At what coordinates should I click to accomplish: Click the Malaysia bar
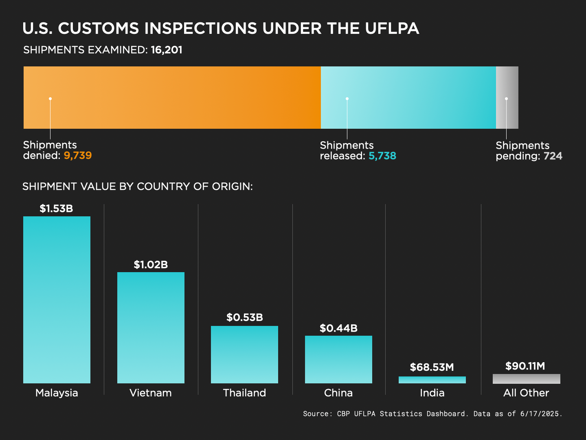point(57,299)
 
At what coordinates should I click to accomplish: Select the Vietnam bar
point(151,328)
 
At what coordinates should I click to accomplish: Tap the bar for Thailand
point(244,354)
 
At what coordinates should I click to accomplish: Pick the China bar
point(338,359)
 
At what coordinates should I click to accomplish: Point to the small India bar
point(432,380)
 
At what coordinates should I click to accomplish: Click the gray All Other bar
point(526,379)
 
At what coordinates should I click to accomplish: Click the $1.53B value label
point(56,209)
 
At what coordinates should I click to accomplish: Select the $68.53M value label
point(432,367)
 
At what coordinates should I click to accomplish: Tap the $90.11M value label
point(525,366)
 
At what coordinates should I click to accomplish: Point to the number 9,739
point(78,156)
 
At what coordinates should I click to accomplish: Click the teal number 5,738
point(382,156)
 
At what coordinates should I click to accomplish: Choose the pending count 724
point(553,156)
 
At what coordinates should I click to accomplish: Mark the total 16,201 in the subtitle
point(167,50)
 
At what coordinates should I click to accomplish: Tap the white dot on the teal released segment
point(347,99)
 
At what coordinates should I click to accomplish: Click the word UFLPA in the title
point(392,29)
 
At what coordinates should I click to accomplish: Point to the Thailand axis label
point(244,393)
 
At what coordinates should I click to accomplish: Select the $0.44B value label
point(338,328)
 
